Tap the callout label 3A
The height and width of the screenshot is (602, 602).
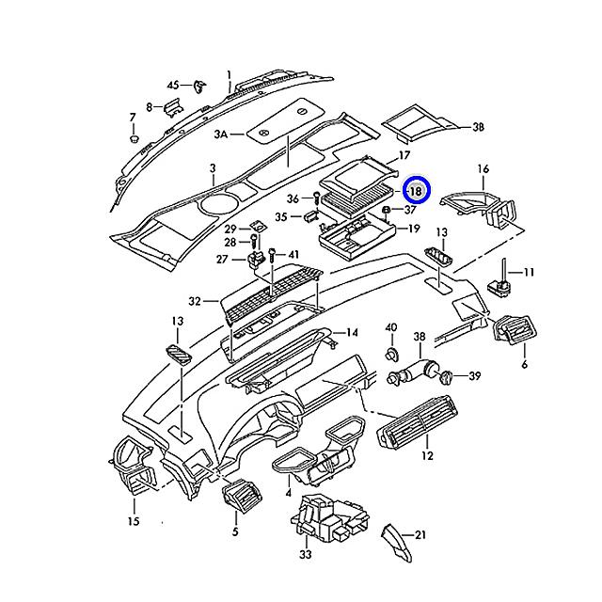point(221,135)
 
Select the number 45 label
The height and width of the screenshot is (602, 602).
point(173,86)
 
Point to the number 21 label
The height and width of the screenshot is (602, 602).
point(420,535)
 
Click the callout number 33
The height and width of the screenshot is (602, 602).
point(306,556)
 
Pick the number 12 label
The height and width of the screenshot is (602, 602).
point(427,456)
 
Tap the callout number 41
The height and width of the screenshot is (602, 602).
point(293,255)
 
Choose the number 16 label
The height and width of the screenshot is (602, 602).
point(483,169)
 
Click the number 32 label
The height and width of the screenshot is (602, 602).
point(195,302)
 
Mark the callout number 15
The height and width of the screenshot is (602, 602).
point(133,521)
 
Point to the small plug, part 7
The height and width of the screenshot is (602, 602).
point(134,138)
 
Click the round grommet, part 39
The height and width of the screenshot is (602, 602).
point(446,377)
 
